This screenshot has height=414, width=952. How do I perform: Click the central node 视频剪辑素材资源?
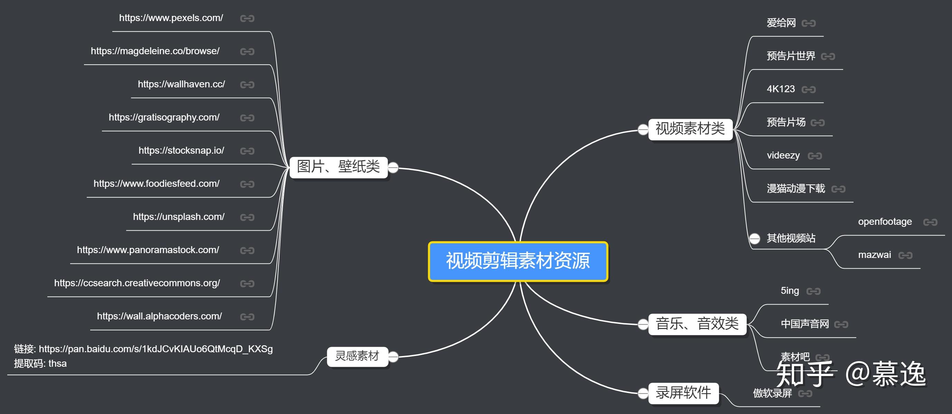pos(518,261)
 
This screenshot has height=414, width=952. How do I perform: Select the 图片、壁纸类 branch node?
pos(338,167)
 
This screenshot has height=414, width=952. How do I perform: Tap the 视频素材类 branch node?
pos(690,129)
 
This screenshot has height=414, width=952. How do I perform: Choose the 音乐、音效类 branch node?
pos(697,324)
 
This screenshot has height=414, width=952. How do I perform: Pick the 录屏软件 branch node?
pos(683,393)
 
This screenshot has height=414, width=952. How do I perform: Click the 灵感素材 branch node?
pos(357,356)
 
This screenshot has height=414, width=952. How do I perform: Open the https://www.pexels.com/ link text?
pos(171,18)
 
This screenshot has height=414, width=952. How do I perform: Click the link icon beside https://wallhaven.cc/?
pos(247,85)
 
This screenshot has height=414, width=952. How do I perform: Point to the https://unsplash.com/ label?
pos(179,217)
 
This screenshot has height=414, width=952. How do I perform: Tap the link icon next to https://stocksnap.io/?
pos(247,151)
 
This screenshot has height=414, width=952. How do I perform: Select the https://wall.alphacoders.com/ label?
pos(160,316)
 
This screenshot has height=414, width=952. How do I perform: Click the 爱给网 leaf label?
pos(781,23)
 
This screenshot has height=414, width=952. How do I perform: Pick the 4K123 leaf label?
pos(781,89)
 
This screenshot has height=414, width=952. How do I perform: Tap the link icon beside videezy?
pos(815,156)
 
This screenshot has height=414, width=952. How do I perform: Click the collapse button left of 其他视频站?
pos(755,239)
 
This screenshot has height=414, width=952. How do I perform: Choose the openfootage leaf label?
pos(885,222)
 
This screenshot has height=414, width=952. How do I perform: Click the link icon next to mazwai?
pos(905,255)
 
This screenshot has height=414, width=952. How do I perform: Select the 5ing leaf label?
pos(790,291)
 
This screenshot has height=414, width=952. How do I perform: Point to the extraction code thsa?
pos(58,364)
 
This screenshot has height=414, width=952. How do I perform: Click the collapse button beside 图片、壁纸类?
pos(393,168)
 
